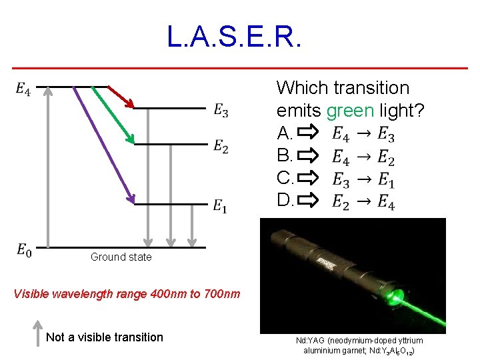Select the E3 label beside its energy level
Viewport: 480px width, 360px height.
(x=221, y=111)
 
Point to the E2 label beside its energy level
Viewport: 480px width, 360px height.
(x=221, y=147)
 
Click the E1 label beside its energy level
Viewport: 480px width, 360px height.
(x=220, y=207)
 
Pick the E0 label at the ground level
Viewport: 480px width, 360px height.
(x=23, y=251)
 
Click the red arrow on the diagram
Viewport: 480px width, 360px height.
(x=121, y=97)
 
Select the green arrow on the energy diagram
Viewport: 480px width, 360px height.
(x=112, y=113)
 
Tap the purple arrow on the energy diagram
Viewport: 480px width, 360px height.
(x=100, y=143)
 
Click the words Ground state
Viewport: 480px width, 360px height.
(x=121, y=257)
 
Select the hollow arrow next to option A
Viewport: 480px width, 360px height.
(x=308, y=133)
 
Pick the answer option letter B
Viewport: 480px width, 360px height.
(x=285, y=157)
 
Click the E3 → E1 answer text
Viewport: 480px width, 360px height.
(x=363, y=179)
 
